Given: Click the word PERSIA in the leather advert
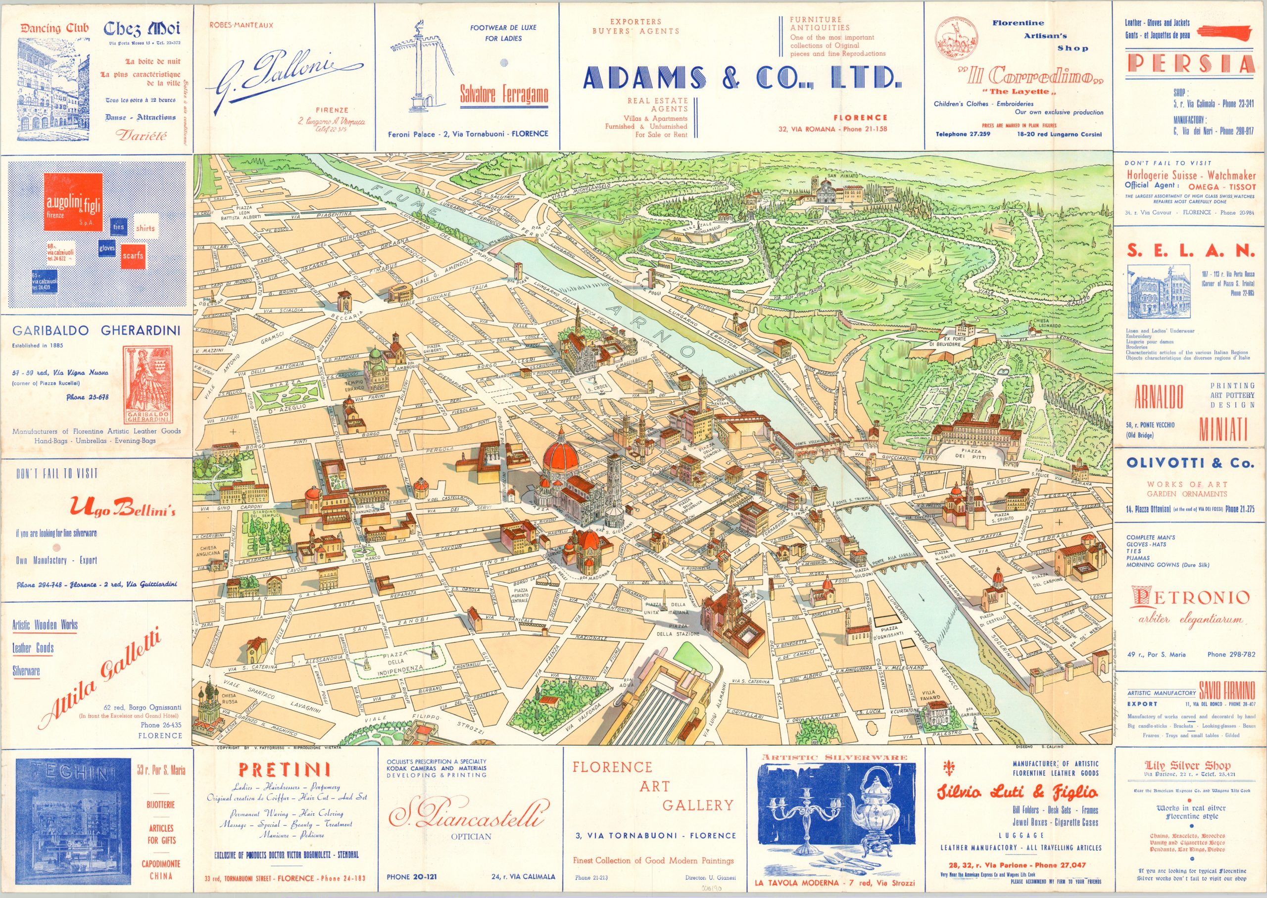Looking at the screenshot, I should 1190,65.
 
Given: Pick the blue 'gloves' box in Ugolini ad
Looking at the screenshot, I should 107,248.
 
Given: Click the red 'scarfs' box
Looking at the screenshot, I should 133,255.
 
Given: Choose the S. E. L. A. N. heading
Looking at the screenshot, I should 1190,251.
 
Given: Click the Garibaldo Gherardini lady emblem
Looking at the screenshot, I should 146,387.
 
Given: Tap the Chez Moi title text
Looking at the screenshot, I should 142,28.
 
